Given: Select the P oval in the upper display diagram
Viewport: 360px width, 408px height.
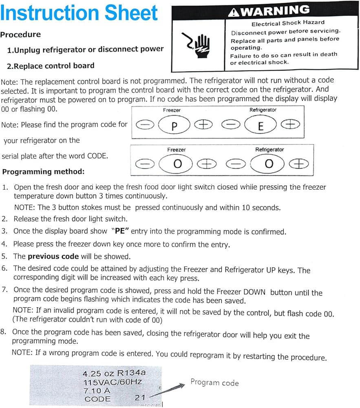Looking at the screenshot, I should click(x=174, y=125).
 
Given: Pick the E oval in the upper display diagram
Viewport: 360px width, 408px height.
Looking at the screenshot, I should click(x=261, y=125).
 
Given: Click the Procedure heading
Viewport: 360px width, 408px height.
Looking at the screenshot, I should click(x=20, y=35).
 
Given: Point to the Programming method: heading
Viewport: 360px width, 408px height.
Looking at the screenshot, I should click(x=43, y=172).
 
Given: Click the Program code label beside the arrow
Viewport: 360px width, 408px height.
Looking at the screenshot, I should click(x=214, y=383).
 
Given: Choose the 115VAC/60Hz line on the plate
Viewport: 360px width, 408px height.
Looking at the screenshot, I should click(x=112, y=382).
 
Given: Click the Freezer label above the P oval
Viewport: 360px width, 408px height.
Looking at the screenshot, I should click(x=172, y=110).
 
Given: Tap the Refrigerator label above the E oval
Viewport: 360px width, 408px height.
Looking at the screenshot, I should click(x=263, y=110).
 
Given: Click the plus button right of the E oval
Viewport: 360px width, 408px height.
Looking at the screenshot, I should click(x=290, y=125).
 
